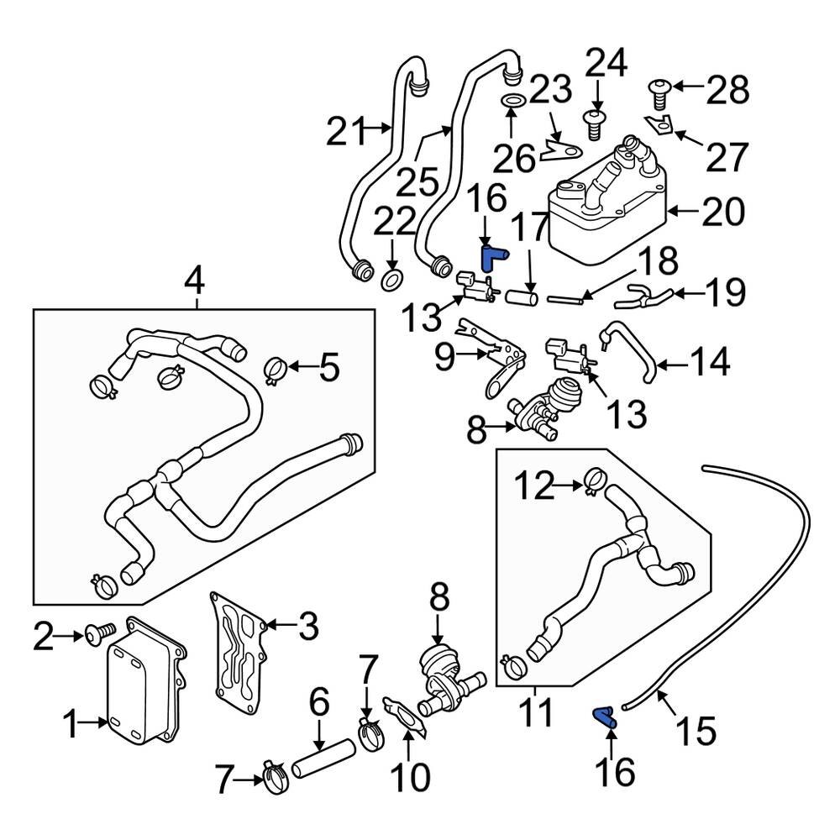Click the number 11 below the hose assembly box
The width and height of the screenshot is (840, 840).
tap(534, 713)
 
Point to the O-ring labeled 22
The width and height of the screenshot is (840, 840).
tap(392, 279)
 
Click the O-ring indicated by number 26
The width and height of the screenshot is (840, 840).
tap(515, 102)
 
